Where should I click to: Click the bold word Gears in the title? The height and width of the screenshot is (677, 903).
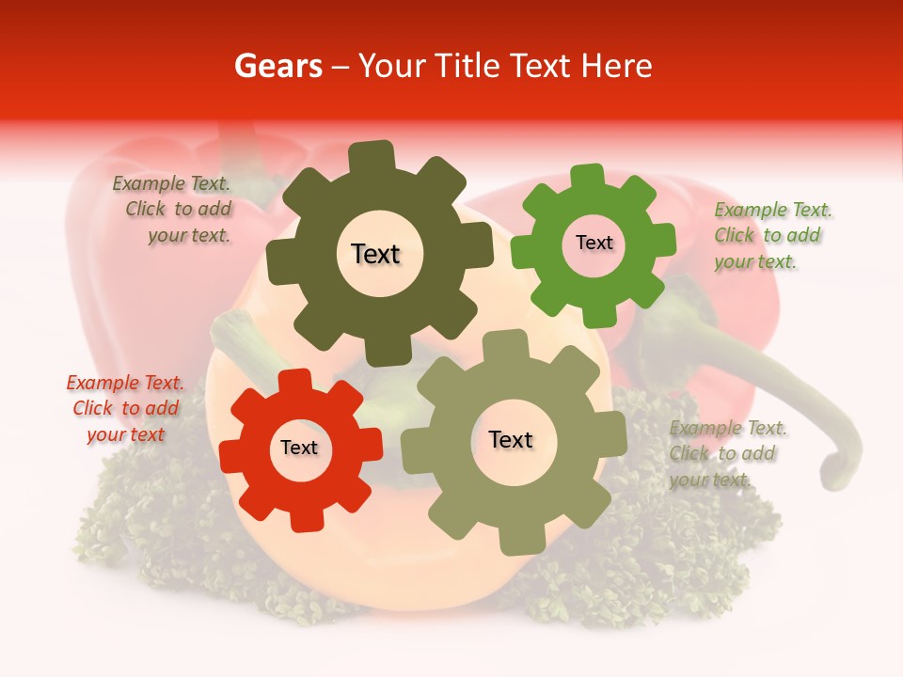[278, 66]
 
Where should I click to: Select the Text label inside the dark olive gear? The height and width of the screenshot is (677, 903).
[375, 254]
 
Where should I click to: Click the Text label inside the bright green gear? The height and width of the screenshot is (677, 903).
[594, 243]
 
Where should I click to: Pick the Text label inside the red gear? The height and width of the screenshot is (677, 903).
[299, 448]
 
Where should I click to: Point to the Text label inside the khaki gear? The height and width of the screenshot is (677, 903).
[511, 439]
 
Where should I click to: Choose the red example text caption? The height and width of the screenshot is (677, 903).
[125, 409]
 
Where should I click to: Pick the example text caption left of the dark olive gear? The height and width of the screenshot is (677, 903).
[172, 210]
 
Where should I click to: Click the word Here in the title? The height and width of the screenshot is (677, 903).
[616, 66]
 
